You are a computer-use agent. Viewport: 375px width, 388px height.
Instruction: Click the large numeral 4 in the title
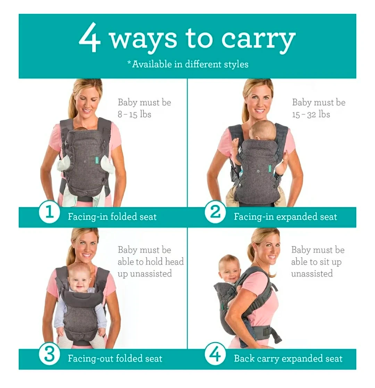coord(90,37)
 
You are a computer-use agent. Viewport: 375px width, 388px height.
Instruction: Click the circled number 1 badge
coord(49,212)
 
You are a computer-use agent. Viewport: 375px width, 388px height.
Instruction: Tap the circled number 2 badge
coord(215,212)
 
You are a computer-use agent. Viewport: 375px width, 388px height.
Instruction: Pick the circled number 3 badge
coord(49,354)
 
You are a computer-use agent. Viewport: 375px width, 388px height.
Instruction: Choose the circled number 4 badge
coord(215,354)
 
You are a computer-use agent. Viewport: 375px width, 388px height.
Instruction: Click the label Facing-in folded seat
coord(112,217)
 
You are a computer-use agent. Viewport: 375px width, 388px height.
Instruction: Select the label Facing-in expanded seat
coord(285,217)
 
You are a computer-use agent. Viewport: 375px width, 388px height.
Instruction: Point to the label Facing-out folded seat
coord(115,358)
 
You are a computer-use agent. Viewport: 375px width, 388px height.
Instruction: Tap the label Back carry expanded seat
coord(288,358)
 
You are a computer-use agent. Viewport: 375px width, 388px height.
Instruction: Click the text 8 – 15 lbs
coord(134,114)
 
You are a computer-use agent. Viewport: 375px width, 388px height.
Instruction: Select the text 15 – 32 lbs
coord(311,114)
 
